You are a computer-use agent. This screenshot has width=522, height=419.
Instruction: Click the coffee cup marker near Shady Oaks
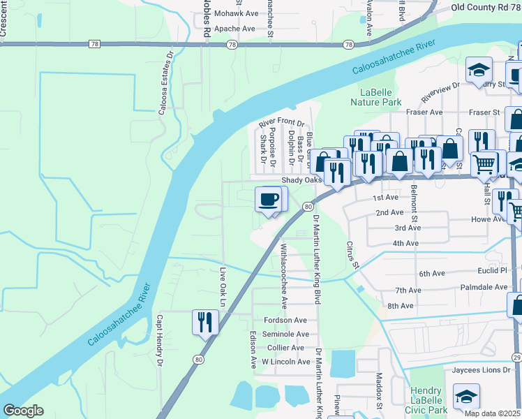(269, 200)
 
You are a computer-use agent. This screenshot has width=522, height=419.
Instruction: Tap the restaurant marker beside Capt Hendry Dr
(204, 322)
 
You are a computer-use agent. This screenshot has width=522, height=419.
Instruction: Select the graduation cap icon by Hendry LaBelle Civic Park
(466, 397)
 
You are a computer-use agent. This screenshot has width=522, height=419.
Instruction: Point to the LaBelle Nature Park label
(380, 97)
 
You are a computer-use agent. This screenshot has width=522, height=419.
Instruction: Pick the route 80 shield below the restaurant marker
(198, 360)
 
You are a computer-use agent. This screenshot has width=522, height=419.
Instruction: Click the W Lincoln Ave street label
(285, 362)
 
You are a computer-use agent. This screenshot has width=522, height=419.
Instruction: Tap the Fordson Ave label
(285, 320)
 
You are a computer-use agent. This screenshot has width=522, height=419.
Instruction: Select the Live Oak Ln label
(223, 287)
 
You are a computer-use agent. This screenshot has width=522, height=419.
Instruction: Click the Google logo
(23, 411)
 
